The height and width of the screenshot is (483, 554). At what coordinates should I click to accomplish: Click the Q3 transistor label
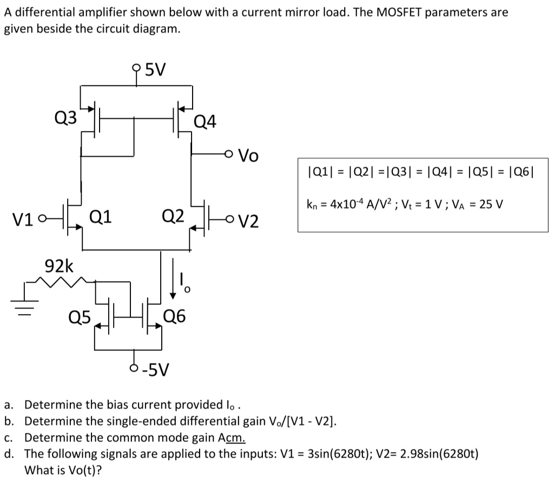click(x=65, y=117)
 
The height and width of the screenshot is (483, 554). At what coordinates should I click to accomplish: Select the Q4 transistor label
click(x=205, y=123)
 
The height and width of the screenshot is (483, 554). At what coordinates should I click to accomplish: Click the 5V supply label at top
click(x=156, y=69)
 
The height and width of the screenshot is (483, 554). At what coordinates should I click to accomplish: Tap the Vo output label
click(x=248, y=156)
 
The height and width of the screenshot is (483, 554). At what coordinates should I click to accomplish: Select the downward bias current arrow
click(x=173, y=279)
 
